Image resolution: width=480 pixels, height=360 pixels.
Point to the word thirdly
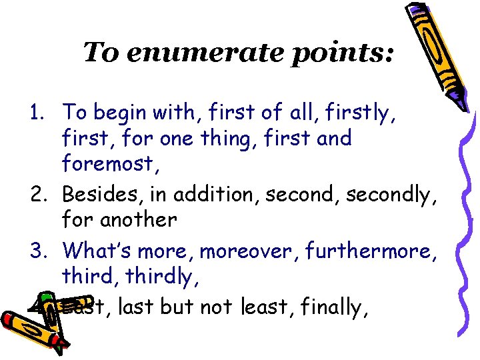(154, 275)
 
